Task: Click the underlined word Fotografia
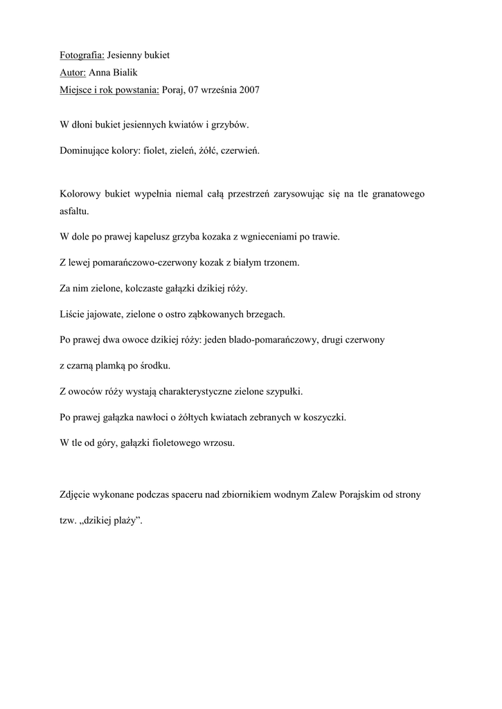82,54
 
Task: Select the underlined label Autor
73,72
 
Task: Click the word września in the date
213,90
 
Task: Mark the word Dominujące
87,150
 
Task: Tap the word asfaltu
74,211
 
